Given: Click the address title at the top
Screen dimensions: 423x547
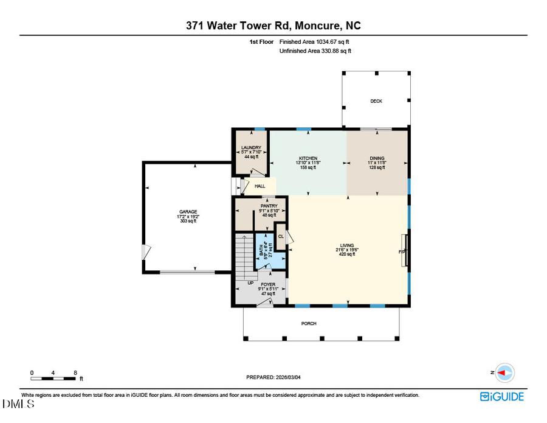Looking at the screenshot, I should pyautogui.click(x=273, y=26).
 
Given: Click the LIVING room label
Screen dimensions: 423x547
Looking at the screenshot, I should pyautogui.click(x=347, y=245).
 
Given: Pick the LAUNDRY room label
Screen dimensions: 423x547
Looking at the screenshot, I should pyautogui.click(x=251, y=148).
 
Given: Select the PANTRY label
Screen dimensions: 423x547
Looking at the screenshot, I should pyautogui.click(x=269, y=206).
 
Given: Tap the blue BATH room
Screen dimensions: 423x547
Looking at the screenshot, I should pyautogui.click(x=265, y=251).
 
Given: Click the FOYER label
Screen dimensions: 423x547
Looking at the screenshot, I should pyautogui.click(x=268, y=284).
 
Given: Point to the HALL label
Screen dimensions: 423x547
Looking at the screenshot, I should pyautogui.click(x=260, y=186).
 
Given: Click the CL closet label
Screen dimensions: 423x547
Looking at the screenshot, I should pyautogui.click(x=281, y=236).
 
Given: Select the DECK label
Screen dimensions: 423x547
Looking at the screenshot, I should pyautogui.click(x=376, y=101).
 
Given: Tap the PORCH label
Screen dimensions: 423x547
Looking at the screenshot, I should pyautogui.click(x=309, y=323).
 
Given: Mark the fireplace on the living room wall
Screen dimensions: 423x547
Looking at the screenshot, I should pyautogui.click(x=404, y=250).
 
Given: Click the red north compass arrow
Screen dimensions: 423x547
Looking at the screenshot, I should pyautogui.click(x=504, y=372).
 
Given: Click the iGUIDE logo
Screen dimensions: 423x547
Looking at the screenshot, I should pyautogui.click(x=501, y=397).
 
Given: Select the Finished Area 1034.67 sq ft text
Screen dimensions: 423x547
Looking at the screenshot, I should pyautogui.click(x=314, y=42).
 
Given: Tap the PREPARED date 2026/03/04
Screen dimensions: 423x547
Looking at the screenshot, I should pyautogui.click(x=273, y=377).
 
